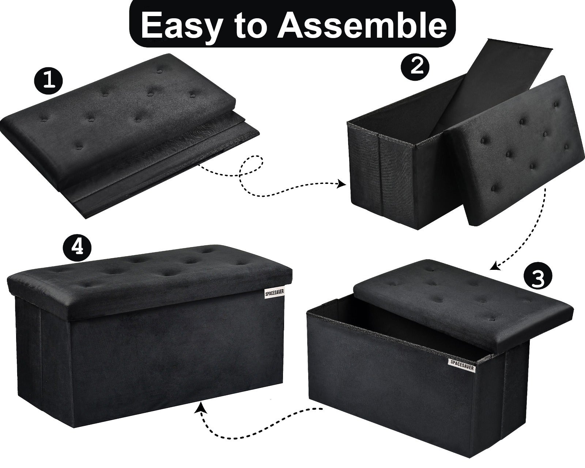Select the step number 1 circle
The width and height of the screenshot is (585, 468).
point(48,81)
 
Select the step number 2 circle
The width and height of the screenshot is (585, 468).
point(415,66)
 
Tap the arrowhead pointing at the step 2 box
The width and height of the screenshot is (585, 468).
point(341,184)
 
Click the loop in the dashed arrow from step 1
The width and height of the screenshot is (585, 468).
point(252,165)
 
